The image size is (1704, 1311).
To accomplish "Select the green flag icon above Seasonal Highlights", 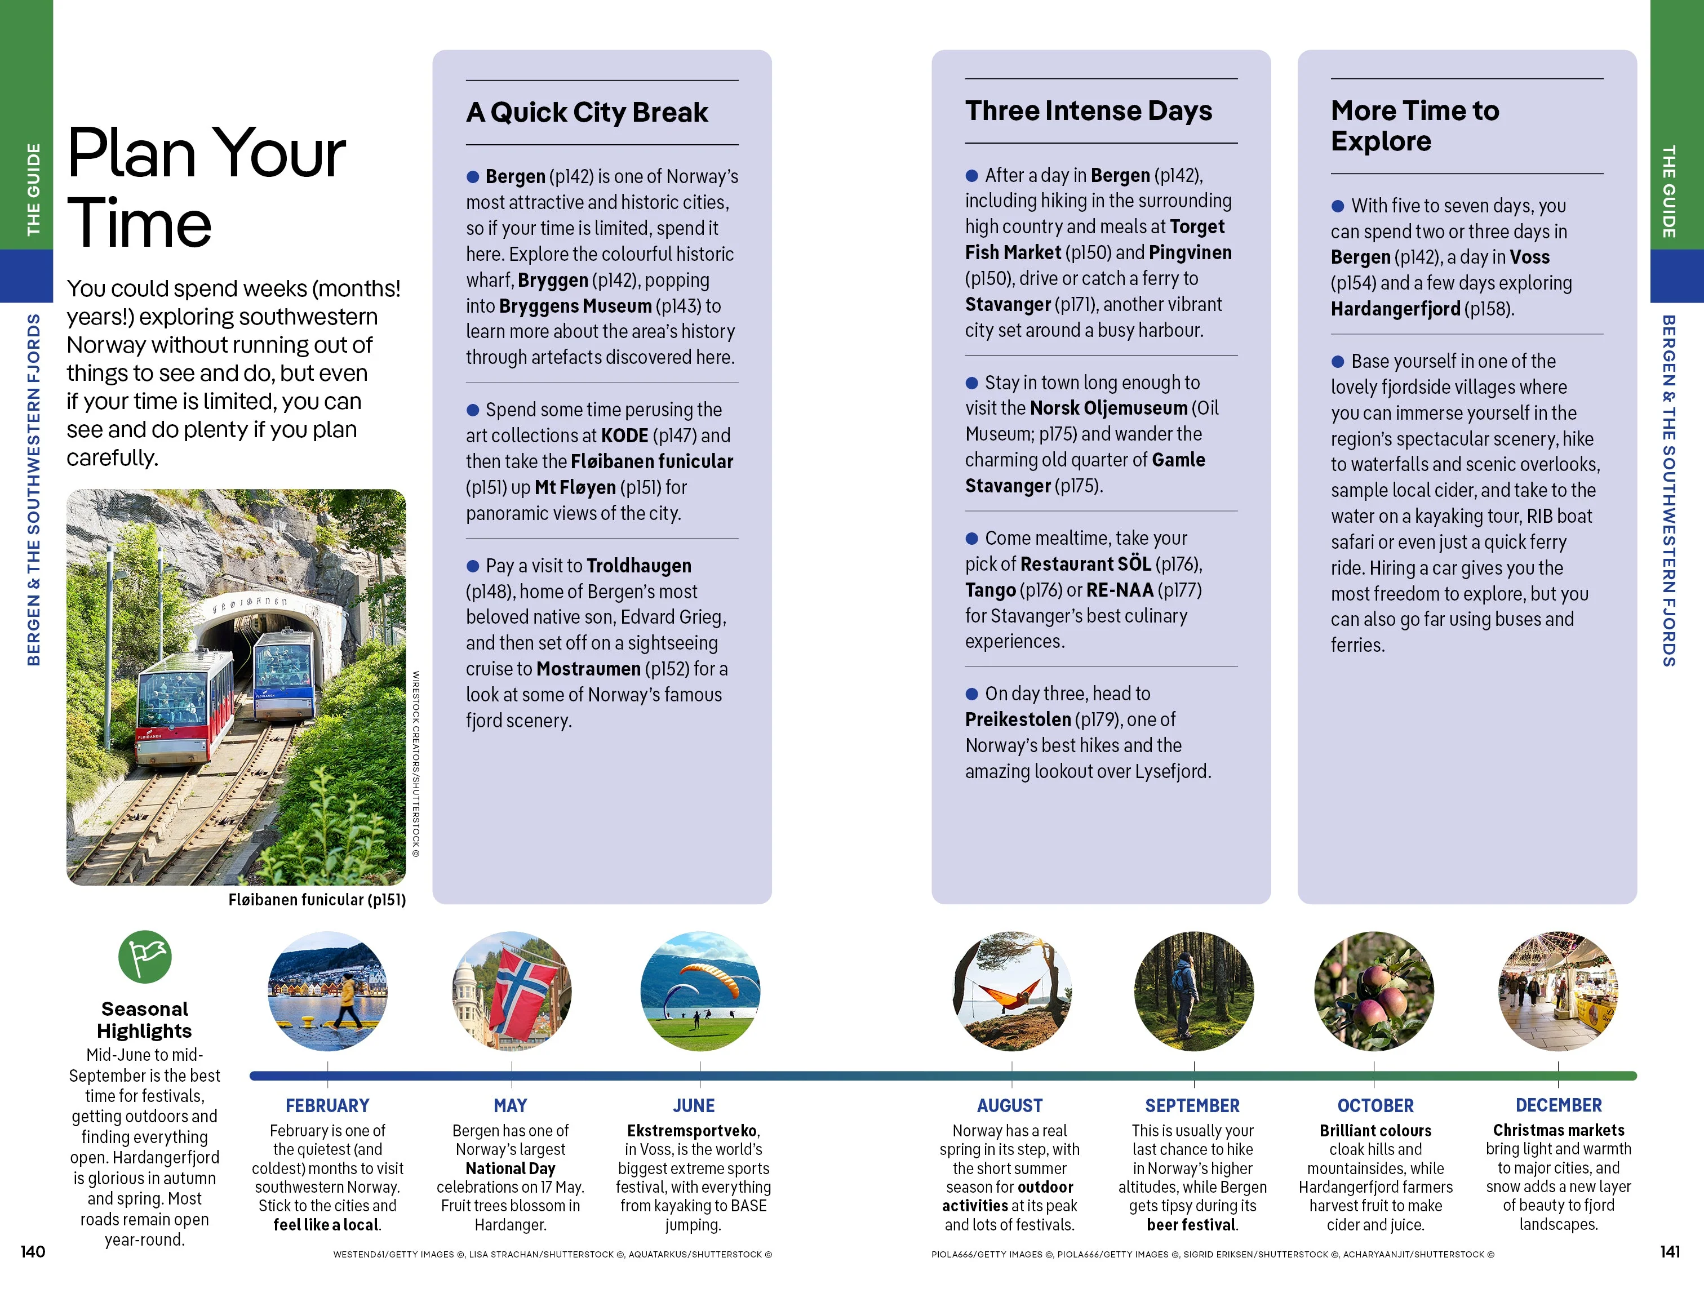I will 145,957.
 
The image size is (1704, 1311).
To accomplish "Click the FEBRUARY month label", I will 327,1105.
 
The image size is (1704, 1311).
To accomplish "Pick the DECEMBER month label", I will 1558,1105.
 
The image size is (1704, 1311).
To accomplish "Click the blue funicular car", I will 285,672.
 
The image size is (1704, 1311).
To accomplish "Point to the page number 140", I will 33,1252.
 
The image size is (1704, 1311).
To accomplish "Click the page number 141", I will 1670,1252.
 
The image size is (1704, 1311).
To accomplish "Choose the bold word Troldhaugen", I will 639,566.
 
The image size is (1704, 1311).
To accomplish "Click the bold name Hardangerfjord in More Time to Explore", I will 1395,309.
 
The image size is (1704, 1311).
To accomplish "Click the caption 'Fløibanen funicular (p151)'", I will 317,899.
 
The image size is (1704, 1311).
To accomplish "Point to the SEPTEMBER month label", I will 1192,1105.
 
